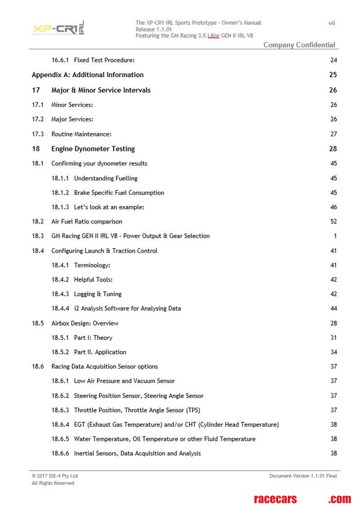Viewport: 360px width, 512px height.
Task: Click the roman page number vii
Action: click(332, 23)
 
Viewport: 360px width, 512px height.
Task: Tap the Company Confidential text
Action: click(299, 44)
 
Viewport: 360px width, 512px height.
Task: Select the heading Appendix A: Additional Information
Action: click(88, 75)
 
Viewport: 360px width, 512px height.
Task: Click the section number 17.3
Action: click(38, 134)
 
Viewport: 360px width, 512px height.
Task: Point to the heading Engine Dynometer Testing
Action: click(93, 149)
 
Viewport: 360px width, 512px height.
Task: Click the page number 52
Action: click(333, 221)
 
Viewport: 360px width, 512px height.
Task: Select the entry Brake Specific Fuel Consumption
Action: click(119, 193)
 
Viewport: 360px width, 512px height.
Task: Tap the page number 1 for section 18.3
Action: click(335, 236)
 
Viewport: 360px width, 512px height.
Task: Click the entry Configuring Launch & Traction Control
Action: click(104, 251)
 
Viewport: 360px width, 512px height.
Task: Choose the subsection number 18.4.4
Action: click(60, 309)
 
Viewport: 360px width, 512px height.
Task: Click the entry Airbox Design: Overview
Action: click(85, 323)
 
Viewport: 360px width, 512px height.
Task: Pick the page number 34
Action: click(333, 352)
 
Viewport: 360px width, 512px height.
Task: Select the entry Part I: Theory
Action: click(93, 338)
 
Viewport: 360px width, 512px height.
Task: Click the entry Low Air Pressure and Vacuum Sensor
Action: click(124, 381)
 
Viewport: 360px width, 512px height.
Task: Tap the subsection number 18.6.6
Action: click(60, 453)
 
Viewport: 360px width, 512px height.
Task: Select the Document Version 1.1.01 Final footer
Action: click(303, 476)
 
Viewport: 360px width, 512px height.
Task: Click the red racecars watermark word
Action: click(276, 499)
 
